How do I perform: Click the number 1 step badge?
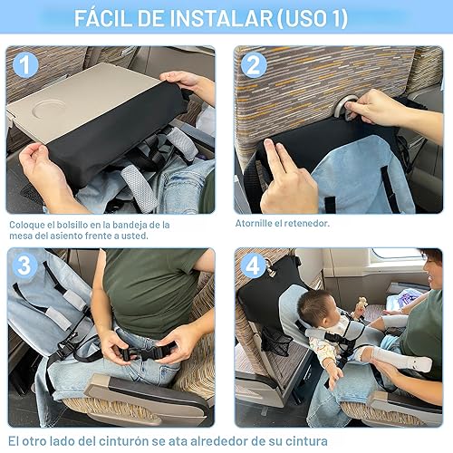25,65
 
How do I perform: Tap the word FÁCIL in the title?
107,18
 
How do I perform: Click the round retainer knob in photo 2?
342,109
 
